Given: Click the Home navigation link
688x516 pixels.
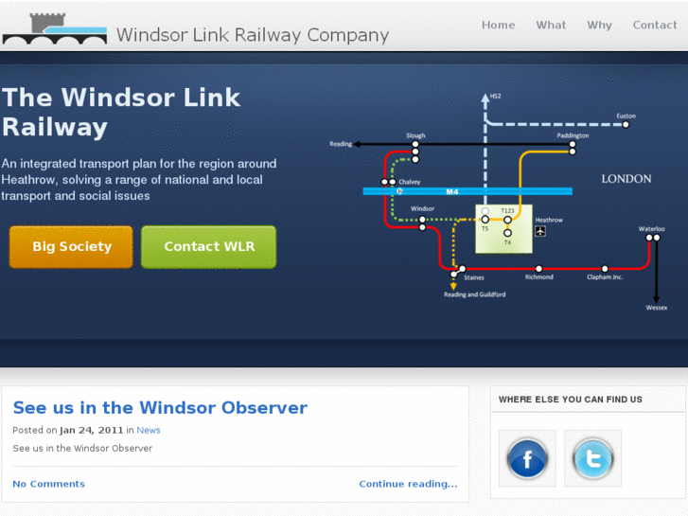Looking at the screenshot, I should click(498, 26).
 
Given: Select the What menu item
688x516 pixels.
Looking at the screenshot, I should click(551, 26).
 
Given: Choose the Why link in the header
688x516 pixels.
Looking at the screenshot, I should click(599, 26).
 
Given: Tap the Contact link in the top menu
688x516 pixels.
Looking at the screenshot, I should click(654, 26).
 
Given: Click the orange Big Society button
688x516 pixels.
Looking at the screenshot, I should click(72, 246).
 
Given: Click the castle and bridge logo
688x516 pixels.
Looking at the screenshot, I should click(54, 29).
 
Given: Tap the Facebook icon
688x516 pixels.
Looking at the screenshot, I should click(527, 460).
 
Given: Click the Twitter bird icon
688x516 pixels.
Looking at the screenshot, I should click(593, 460).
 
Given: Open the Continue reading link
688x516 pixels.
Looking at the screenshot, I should click(408, 484).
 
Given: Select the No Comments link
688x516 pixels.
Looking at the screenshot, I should click(48, 484).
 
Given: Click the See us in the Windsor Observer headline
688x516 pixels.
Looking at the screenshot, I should click(160, 408).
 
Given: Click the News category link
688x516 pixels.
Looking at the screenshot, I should click(149, 430).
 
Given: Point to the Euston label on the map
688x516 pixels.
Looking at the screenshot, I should click(626, 116).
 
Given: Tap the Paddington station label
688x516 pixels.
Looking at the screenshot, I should click(573, 135).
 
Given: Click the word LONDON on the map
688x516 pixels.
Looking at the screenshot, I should click(626, 179).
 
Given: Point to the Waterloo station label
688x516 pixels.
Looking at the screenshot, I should click(651, 229).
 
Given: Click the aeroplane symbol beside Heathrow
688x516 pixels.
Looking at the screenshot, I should click(540, 231).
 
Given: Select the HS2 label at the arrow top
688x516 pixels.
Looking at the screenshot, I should click(495, 97).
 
